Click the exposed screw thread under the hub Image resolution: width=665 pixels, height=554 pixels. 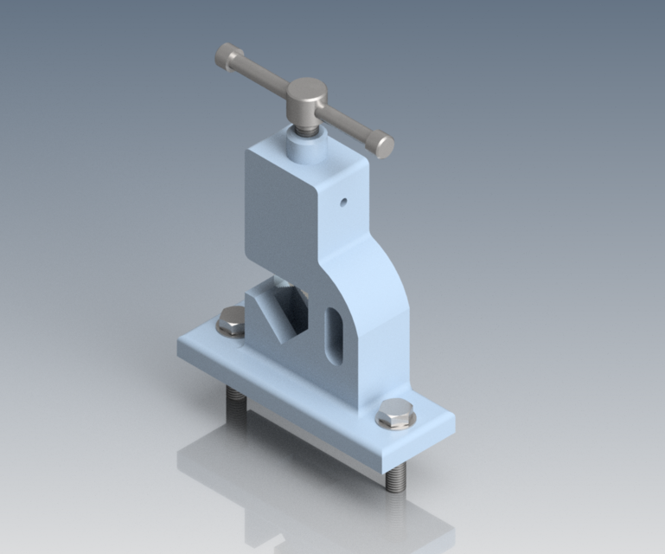point(307,127)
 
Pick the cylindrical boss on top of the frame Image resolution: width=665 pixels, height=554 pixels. point(304,147)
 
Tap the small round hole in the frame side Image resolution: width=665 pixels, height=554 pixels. point(343,203)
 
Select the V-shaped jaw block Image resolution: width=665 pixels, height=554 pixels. point(277,312)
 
